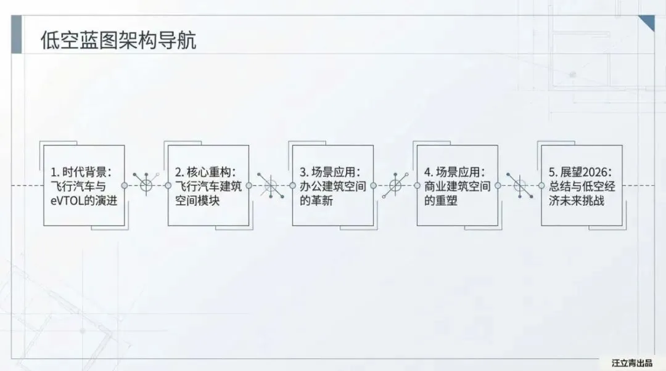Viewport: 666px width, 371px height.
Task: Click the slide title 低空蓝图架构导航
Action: (118, 41)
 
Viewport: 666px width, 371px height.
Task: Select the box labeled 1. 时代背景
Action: (84, 185)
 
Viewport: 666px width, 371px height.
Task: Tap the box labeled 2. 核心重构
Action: (208, 185)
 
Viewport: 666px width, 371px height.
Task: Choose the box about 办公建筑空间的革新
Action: (333, 185)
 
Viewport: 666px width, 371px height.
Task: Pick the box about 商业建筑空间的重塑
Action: (458, 185)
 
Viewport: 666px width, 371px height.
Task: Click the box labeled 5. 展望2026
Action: (582, 185)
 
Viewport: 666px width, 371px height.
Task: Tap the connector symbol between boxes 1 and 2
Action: (146, 185)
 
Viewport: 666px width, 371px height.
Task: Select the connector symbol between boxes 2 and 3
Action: (271, 185)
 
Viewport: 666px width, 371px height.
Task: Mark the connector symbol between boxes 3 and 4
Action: (395, 185)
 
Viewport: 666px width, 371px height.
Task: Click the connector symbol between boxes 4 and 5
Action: (519, 185)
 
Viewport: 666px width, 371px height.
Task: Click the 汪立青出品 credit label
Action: (632, 362)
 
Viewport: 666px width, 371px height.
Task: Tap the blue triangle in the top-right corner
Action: (648, 22)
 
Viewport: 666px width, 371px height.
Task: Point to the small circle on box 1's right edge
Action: (125, 185)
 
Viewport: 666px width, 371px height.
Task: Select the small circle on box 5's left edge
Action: (541, 185)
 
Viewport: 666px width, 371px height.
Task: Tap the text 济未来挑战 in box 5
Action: (579, 201)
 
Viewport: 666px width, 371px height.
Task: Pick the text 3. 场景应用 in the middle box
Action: (330, 171)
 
